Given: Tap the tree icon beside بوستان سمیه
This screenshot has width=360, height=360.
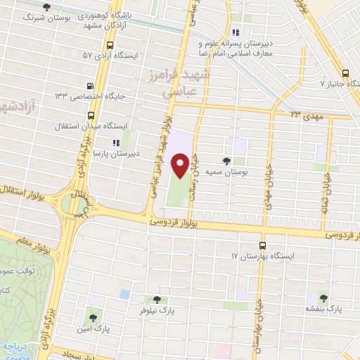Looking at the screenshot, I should tap(226, 161).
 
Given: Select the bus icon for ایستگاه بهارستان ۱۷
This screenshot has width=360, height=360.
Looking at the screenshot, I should tap(262, 245).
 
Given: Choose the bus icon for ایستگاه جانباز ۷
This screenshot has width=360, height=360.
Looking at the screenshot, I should tap(345, 73).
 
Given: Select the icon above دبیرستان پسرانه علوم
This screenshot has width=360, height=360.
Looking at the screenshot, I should tap(237, 32).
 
